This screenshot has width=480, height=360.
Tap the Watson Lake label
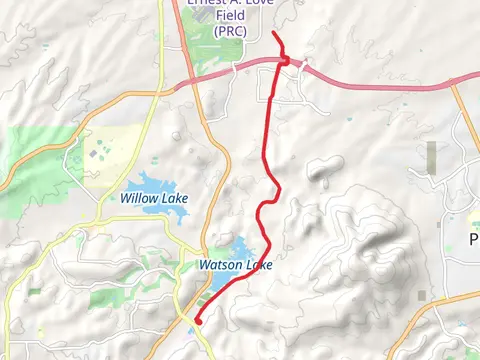235,265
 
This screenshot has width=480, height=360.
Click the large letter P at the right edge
474,239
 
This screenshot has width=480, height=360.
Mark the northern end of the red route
274,34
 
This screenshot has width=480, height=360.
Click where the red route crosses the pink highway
287,62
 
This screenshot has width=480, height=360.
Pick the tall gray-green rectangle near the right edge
431,157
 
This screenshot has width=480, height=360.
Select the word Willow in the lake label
138,198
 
